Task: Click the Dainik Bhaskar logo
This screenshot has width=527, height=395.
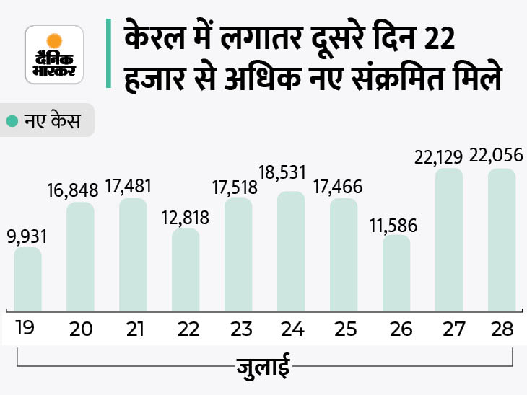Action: pyautogui.click(x=54, y=54)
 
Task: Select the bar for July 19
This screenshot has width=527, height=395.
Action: pyautogui.click(x=27, y=277)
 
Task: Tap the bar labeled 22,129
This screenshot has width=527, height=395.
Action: pyautogui.click(x=449, y=238)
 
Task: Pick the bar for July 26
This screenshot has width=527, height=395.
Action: pyautogui.click(x=396, y=271)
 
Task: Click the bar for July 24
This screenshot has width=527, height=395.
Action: pyautogui.click(x=291, y=249)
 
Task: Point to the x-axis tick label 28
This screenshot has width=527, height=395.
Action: pyautogui.click(x=501, y=329)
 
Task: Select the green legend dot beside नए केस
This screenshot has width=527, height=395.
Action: pyautogui.click(x=12, y=121)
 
